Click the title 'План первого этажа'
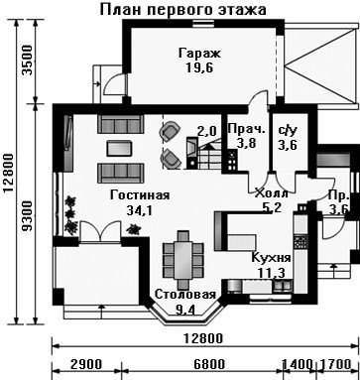coord(182,10)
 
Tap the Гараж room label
coord(199,54)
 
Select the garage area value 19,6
coord(199,67)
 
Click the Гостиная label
coord(140,195)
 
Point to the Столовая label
coord(185,295)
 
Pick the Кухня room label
coord(271,257)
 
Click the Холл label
coord(271,193)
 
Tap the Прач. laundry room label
coord(247,129)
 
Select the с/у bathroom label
coord(288,131)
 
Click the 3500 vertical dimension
coord(29,61)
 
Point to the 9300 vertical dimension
coord(29,215)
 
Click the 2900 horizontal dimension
coord(86,364)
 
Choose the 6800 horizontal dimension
coord(209,364)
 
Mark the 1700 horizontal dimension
coord(335,364)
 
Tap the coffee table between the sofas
coord(119,148)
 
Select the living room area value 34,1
coord(140,210)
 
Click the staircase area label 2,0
coord(207,131)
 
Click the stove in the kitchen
coord(300,242)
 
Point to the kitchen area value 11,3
coord(271,272)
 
